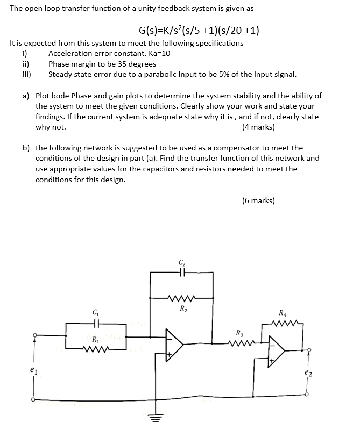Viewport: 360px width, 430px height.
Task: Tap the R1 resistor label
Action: (95, 340)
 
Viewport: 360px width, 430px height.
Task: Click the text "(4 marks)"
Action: (258, 127)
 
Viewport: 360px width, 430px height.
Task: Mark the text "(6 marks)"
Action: (258, 200)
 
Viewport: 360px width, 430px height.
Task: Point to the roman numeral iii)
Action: (26, 75)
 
